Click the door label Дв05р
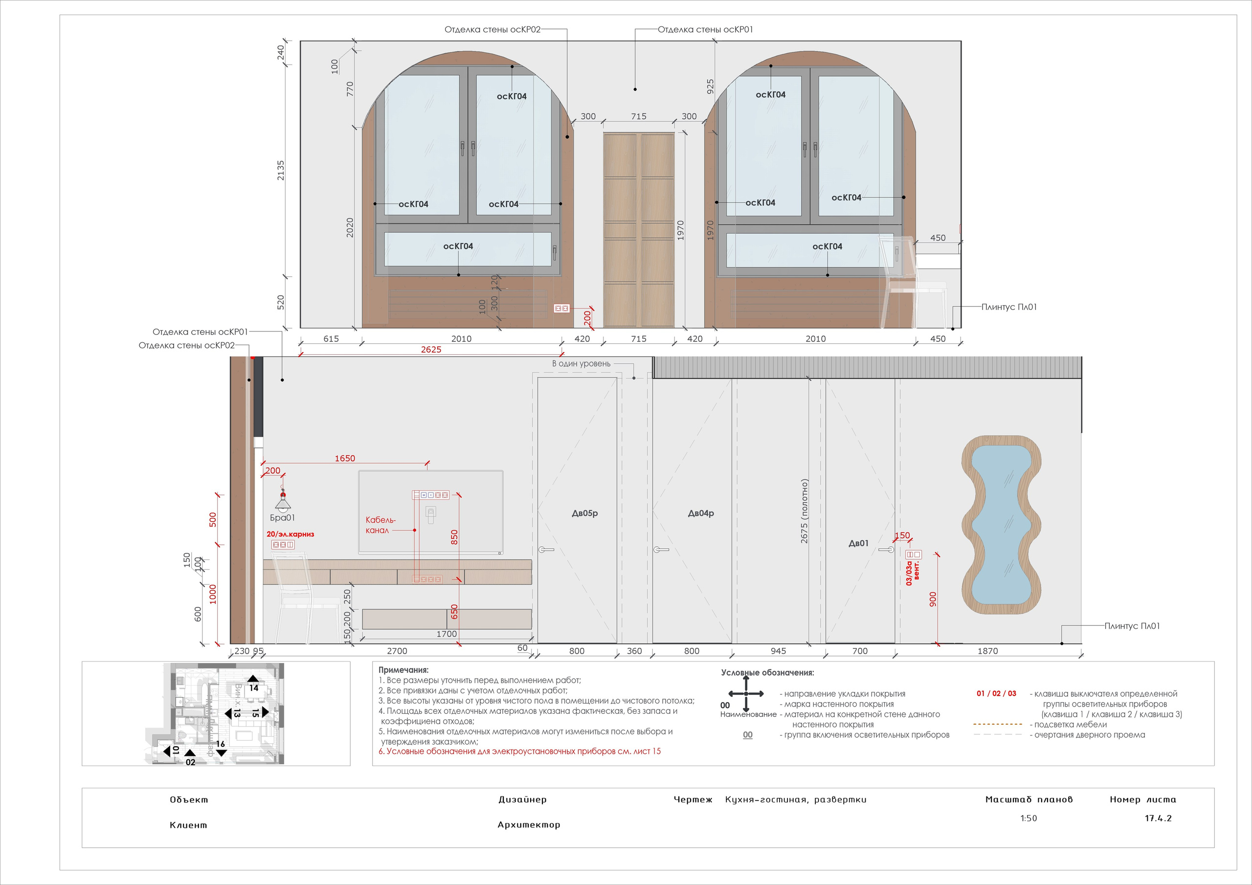click(x=584, y=513)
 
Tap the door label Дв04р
click(x=701, y=513)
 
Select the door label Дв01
click(x=858, y=543)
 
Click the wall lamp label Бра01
click(x=283, y=517)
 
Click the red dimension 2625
click(x=431, y=350)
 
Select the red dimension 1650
click(x=345, y=459)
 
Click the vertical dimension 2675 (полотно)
click(x=804, y=511)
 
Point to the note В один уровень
click(x=581, y=364)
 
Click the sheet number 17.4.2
click(x=1158, y=818)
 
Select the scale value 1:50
click(x=1028, y=818)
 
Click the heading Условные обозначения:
click(x=767, y=673)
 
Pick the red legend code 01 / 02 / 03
click(x=996, y=694)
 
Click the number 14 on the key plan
click(x=253, y=687)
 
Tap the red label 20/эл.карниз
click(x=290, y=534)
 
